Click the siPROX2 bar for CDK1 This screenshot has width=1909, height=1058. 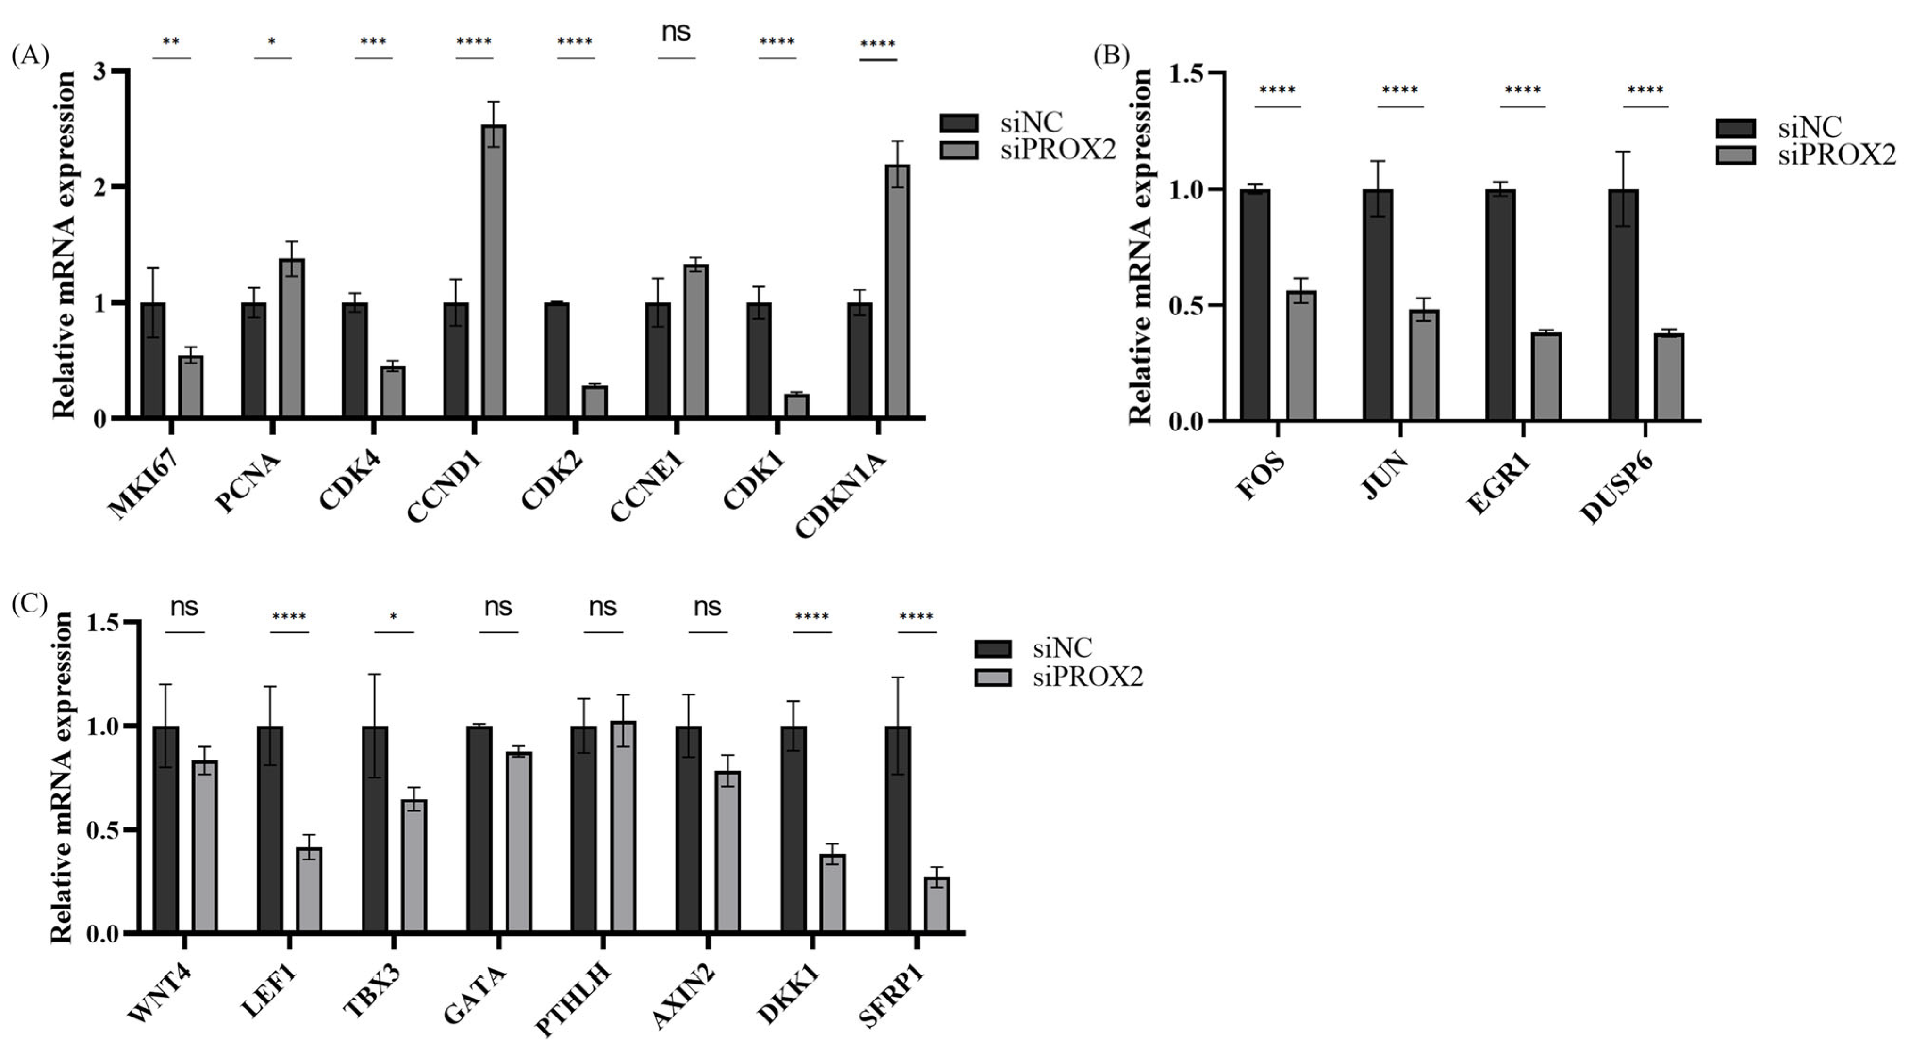(797, 406)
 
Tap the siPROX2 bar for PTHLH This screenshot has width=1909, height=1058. (622, 826)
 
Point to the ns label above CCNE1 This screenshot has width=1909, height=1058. (675, 32)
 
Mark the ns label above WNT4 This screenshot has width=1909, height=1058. (184, 607)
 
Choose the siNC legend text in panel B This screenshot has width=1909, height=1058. (1810, 127)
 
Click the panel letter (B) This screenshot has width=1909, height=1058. (1112, 56)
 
